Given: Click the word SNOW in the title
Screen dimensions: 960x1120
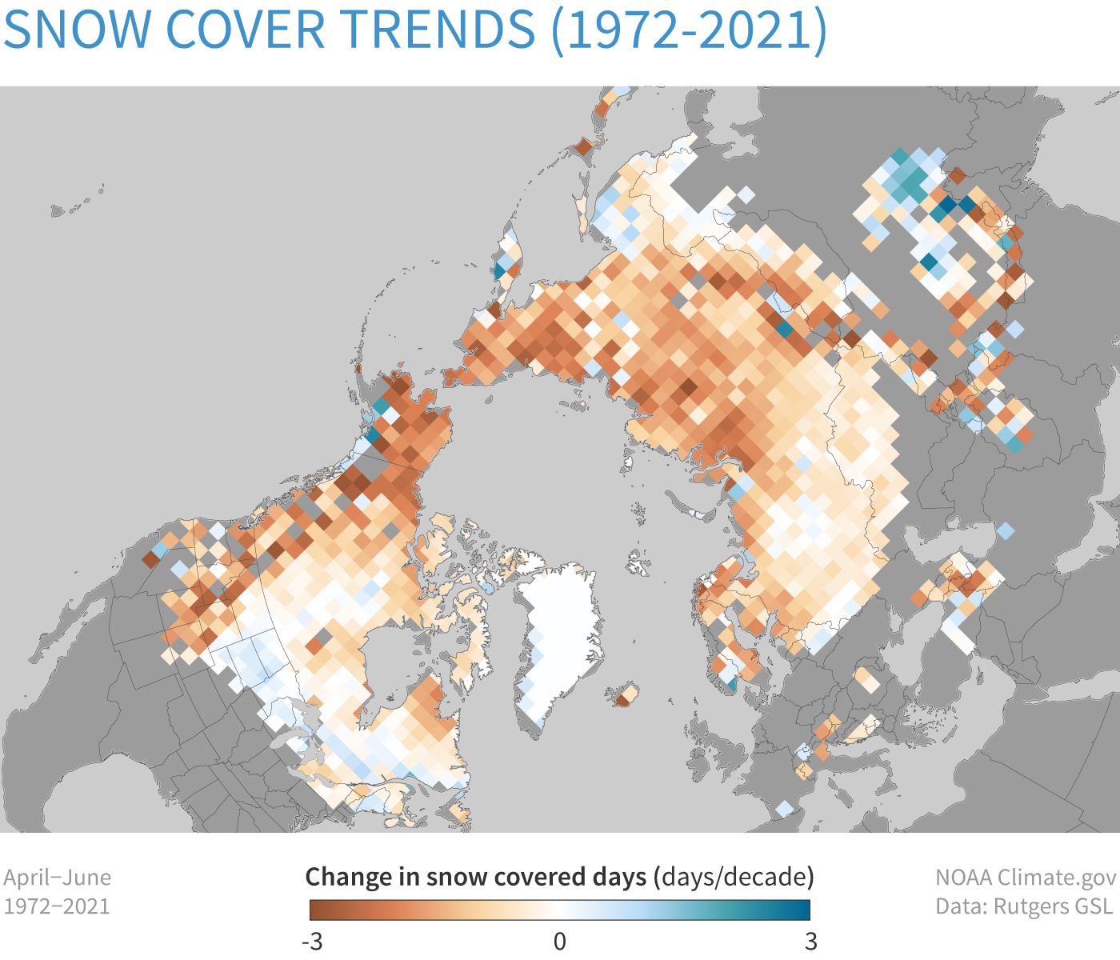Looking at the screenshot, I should click(78, 30).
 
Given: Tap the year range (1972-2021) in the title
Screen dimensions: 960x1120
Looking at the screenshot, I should click(689, 30).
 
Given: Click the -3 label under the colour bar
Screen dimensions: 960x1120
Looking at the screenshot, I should click(312, 942).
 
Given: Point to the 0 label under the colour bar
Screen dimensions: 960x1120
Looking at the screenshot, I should click(560, 942).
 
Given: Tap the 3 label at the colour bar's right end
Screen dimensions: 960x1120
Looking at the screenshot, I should click(810, 942).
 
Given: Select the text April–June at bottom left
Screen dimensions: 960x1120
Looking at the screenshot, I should click(57, 878).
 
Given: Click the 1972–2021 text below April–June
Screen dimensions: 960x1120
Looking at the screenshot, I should click(57, 906).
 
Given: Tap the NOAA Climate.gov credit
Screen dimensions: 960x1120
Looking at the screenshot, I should click(1026, 878).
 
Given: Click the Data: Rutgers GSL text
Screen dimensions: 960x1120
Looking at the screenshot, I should click(1024, 906).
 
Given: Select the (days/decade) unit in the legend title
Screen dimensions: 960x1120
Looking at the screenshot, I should click(734, 878).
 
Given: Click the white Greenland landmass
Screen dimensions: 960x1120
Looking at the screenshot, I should click(560, 624).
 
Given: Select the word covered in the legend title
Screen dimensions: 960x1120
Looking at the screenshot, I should click(541, 878).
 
